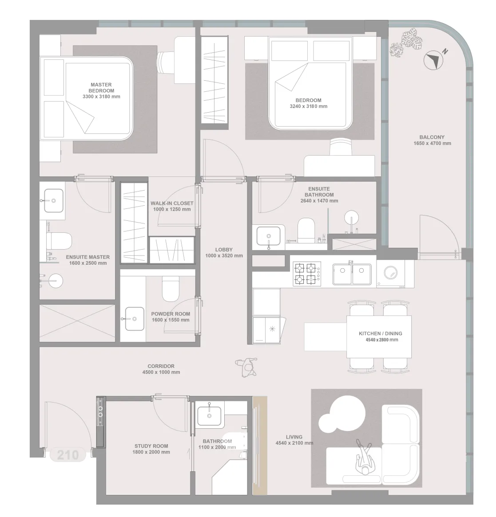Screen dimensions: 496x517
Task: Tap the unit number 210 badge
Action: pyautogui.click(x=68, y=455)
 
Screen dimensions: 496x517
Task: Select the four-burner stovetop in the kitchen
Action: pyautogui.click(x=307, y=274)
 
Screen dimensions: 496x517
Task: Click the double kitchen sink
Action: pyautogui.click(x=352, y=274)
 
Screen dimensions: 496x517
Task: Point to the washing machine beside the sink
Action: pyautogui.click(x=391, y=273)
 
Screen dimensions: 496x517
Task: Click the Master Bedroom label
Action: pyautogui.click(x=101, y=88)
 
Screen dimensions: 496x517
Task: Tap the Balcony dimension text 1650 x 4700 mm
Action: pyautogui.click(x=432, y=143)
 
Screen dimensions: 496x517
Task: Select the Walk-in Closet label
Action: pyautogui.click(x=172, y=204)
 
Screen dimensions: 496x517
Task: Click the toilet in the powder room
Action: pyautogui.click(x=171, y=288)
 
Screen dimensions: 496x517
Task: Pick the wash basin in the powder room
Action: pyautogui.click(x=135, y=319)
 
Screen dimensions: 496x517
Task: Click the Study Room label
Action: pyautogui.click(x=151, y=446)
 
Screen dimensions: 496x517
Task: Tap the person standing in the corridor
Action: pyautogui.click(x=247, y=367)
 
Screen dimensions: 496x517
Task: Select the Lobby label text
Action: pyautogui.click(x=224, y=250)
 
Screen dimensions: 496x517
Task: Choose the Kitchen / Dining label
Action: pyautogui.click(x=381, y=334)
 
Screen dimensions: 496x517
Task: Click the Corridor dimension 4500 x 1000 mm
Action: pyautogui.click(x=161, y=372)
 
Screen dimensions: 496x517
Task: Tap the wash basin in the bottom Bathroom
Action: pyautogui.click(x=209, y=416)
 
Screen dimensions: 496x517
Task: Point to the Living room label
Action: pyautogui.click(x=294, y=437)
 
